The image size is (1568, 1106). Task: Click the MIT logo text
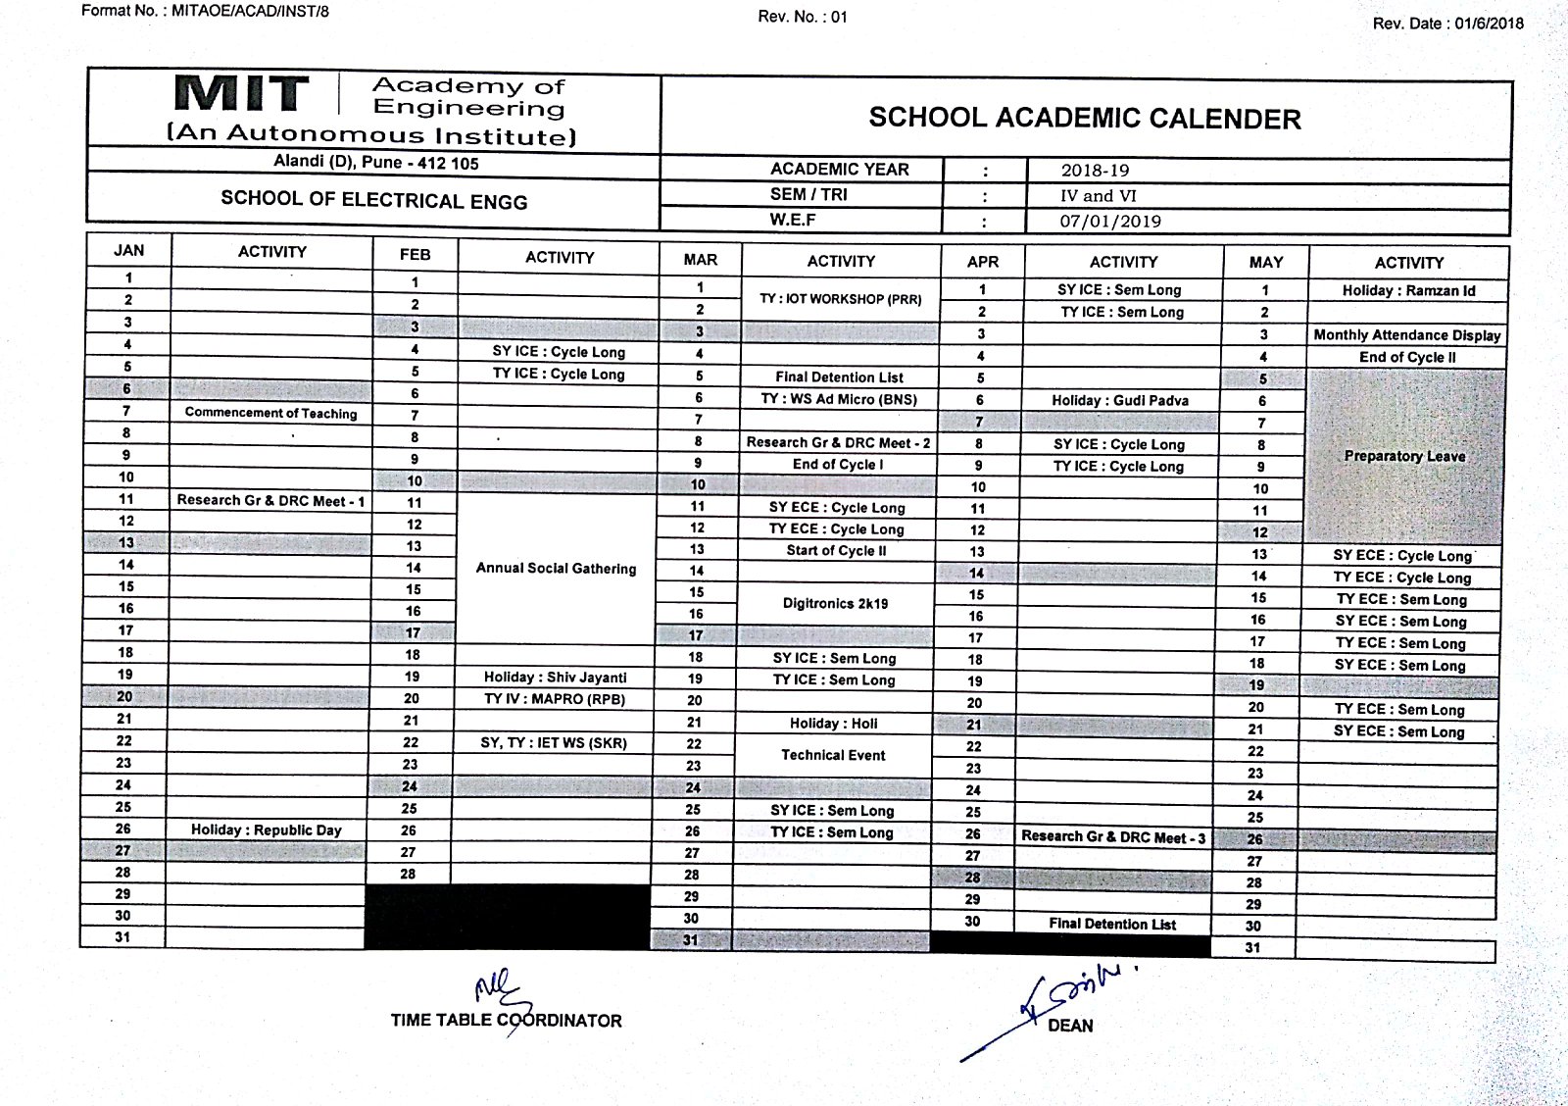click(240, 94)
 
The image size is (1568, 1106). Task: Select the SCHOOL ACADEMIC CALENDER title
click(1084, 119)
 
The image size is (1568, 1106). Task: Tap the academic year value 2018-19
click(1095, 171)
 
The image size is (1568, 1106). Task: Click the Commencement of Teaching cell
click(270, 413)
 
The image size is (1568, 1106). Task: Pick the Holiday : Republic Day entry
click(266, 829)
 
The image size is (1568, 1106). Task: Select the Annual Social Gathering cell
click(556, 569)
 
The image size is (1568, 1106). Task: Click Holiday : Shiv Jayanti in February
click(555, 677)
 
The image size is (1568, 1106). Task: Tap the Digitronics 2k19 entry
click(835, 603)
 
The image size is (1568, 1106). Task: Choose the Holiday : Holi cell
click(833, 724)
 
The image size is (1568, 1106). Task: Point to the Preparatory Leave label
click(1403, 456)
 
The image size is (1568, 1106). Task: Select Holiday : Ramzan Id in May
click(1408, 290)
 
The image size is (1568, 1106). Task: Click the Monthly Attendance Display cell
click(1406, 334)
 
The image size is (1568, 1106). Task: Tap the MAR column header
click(700, 260)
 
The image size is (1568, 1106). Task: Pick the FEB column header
click(415, 255)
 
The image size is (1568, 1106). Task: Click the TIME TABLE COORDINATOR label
click(506, 1020)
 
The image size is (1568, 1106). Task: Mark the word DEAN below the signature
click(1070, 1026)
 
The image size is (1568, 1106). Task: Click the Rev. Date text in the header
click(1447, 24)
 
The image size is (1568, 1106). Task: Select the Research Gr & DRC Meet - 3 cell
click(1113, 836)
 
